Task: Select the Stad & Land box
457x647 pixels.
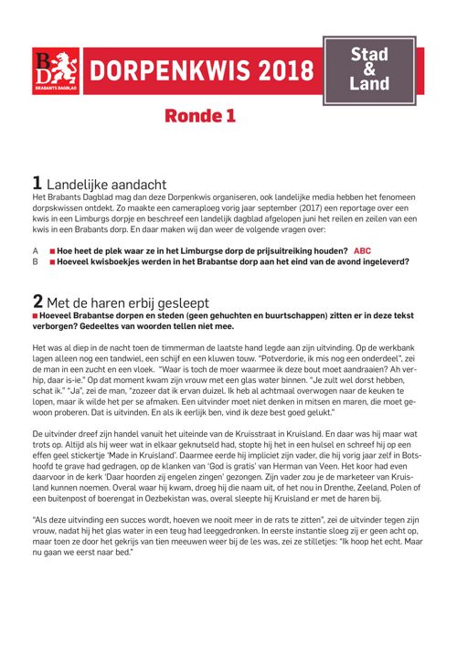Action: tap(369, 69)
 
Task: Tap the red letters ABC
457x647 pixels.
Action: tap(362, 249)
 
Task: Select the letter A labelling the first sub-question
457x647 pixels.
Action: tap(35, 249)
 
